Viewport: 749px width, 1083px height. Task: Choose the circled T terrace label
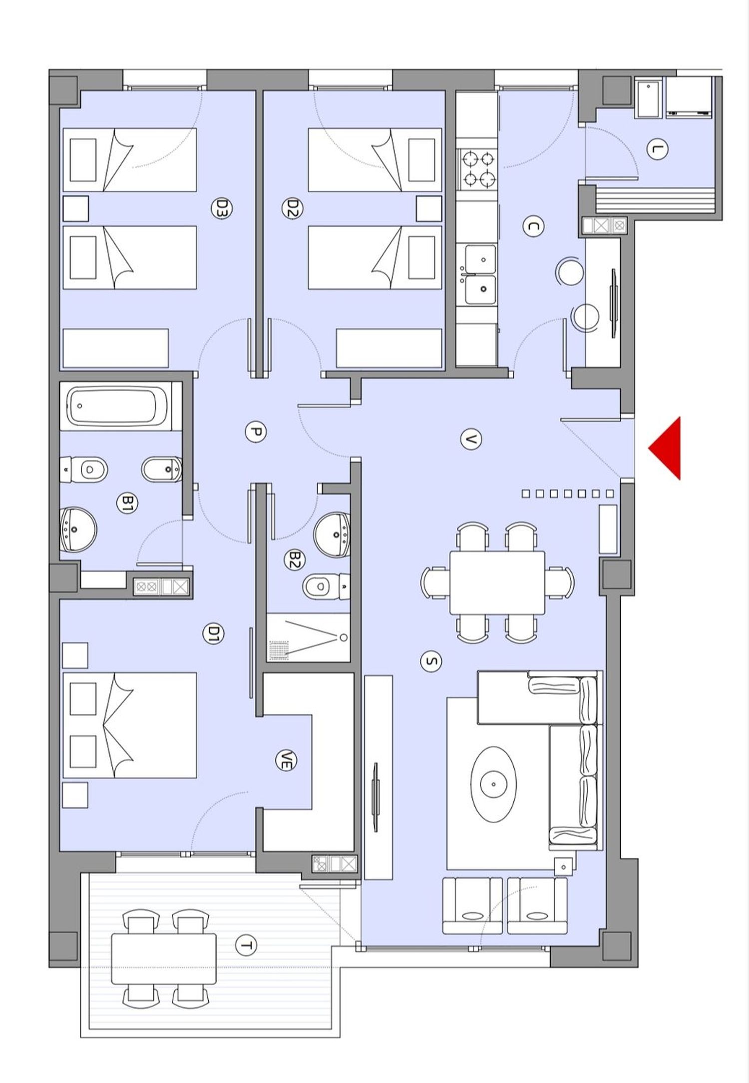point(245,946)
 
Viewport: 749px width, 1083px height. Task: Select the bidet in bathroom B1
point(161,469)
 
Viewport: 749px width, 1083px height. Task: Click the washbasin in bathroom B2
point(332,534)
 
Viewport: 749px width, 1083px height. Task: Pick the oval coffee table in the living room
point(493,784)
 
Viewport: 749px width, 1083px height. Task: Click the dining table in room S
point(497,582)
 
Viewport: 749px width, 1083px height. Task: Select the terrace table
point(164,958)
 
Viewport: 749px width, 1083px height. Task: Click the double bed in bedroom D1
point(129,725)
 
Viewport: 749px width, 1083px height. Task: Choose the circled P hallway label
point(255,432)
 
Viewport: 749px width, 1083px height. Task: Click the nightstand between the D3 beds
point(76,208)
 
